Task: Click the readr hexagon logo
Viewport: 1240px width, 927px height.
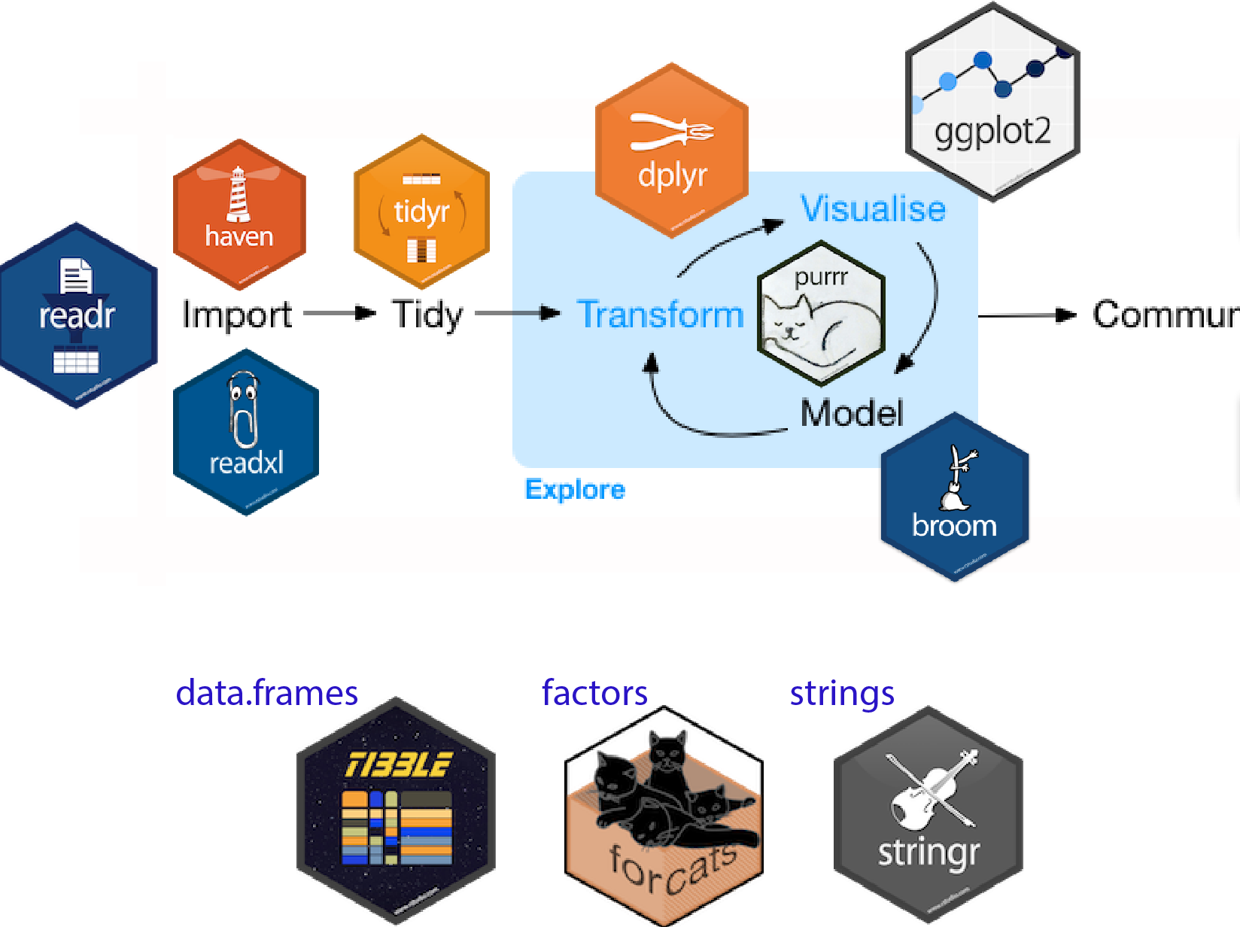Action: pos(77,316)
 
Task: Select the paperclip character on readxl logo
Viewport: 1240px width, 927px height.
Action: pos(244,410)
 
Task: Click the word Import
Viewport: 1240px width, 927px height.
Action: pos(237,315)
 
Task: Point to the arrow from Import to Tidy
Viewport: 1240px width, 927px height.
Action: pos(339,313)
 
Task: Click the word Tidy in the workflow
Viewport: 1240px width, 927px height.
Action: pos(427,315)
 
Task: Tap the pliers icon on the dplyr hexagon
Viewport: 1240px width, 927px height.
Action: pos(672,132)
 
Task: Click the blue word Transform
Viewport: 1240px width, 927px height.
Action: pos(660,315)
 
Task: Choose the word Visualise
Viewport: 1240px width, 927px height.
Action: pos(873,208)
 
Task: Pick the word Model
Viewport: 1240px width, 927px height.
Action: pos(851,413)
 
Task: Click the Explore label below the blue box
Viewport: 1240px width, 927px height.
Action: pos(575,490)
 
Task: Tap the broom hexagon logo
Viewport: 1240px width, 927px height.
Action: pos(954,497)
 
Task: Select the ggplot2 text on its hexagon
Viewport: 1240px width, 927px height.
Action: pos(992,132)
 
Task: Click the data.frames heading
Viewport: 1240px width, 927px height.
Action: pos(266,693)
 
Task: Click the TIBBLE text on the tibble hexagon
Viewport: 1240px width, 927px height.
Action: pos(398,765)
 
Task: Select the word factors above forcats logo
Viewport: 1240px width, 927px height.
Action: pos(594,693)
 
